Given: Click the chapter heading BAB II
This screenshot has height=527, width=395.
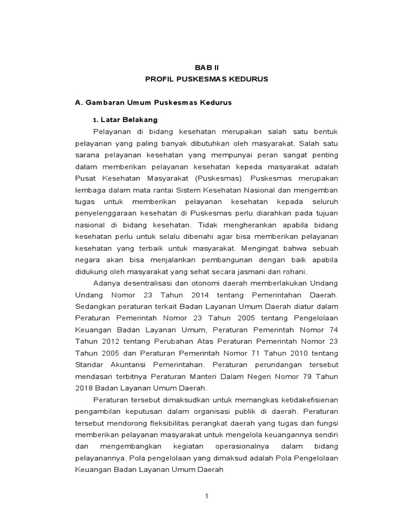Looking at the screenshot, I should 207,67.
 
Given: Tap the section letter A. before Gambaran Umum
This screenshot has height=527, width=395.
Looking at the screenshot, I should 79,102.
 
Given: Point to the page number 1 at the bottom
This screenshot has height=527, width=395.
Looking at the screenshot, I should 206,496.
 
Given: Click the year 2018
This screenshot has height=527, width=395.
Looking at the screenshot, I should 84,387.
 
